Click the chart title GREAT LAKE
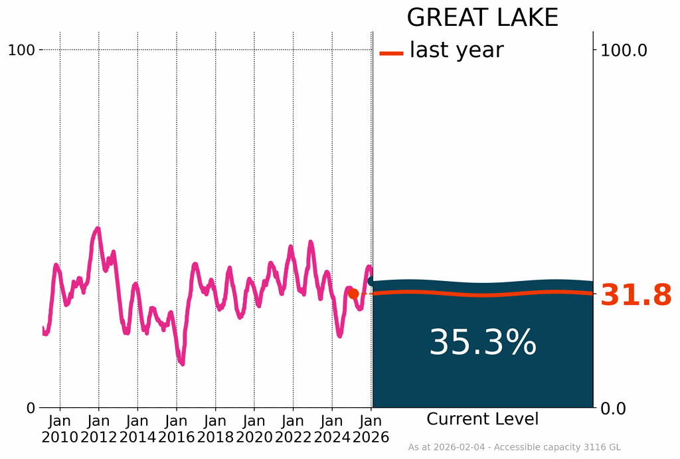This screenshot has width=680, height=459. (x=482, y=17)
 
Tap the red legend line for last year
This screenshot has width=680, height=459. (x=391, y=52)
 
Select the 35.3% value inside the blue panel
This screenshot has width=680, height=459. (x=483, y=343)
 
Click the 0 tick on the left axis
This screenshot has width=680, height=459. (x=31, y=408)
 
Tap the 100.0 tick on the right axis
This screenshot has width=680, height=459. (x=624, y=50)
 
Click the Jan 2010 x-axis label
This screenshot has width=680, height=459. (x=60, y=429)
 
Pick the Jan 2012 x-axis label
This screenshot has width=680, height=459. (x=99, y=429)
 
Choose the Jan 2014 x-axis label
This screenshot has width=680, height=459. (x=137, y=429)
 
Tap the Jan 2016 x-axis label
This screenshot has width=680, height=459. (x=177, y=429)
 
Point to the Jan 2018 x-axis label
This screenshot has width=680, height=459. (x=215, y=429)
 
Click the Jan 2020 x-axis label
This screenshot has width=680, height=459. (x=254, y=429)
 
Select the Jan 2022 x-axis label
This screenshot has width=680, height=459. (x=293, y=429)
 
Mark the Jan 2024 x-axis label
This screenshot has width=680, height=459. (x=332, y=429)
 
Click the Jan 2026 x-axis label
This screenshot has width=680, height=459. (x=371, y=429)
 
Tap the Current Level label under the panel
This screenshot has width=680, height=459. (x=483, y=419)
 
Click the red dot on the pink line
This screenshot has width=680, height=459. (x=353, y=294)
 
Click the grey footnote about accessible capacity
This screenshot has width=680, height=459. (x=514, y=448)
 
